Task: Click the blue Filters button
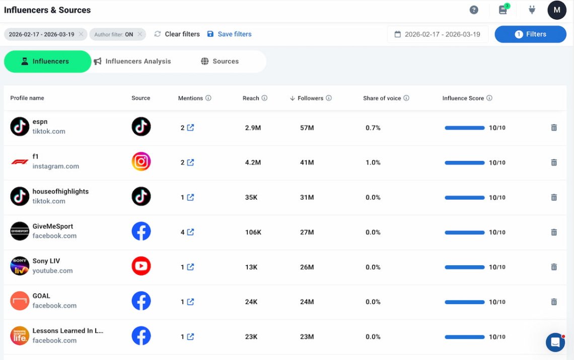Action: (530, 34)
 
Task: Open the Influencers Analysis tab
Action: (137, 61)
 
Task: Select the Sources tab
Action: (225, 61)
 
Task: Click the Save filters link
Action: (234, 34)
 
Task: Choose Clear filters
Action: (182, 34)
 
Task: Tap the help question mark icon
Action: (474, 10)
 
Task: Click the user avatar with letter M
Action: (557, 10)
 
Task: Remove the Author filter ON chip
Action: (140, 34)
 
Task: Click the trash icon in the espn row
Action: (554, 128)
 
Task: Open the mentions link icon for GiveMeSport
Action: (190, 232)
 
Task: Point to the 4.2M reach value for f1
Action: (253, 163)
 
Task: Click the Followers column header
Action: (310, 98)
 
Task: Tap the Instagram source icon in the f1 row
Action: (141, 162)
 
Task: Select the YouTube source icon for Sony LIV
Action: (141, 266)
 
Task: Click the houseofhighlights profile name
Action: (60, 191)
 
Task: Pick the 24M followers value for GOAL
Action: (307, 302)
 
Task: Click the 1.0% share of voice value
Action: (373, 163)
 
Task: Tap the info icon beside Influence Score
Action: (489, 98)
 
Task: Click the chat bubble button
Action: (555, 343)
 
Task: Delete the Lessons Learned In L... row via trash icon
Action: (554, 337)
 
